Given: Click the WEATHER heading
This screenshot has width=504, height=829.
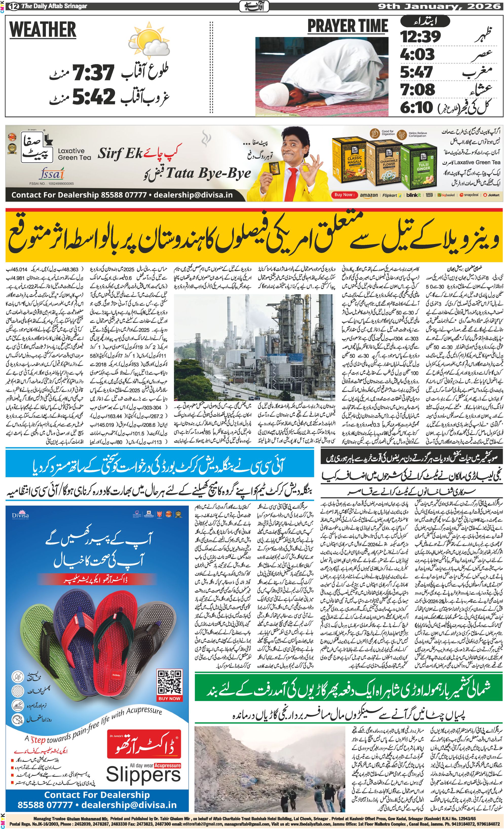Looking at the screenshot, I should click(43, 30).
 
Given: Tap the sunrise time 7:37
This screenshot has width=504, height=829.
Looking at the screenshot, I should click(94, 72).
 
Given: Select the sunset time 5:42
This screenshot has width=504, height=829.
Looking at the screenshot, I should click(94, 96).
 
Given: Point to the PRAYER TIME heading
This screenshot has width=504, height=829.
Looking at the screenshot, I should click(348, 26).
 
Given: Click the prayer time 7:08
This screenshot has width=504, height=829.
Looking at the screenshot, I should click(417, 89).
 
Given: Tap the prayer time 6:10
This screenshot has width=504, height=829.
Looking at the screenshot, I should click(416, 107).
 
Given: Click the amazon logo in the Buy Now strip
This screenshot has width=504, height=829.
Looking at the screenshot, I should click(368, 195).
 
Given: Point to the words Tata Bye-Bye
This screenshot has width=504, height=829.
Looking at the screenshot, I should click(208, 174).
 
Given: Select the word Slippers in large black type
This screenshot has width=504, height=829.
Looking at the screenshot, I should click(143, 775).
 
